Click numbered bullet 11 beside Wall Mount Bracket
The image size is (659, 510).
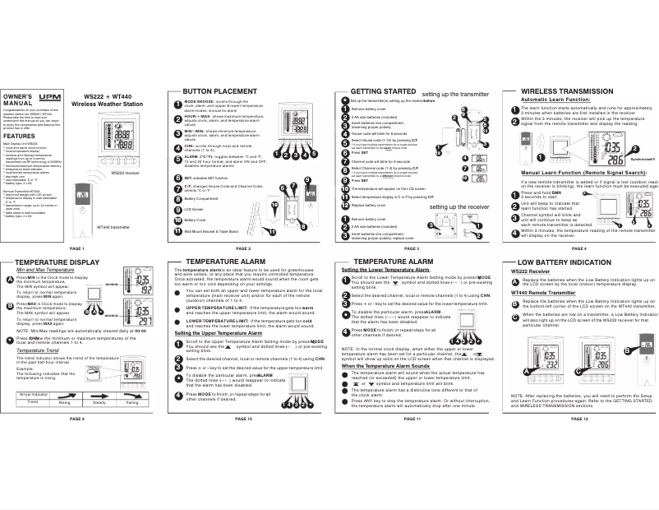[x=177, y=232]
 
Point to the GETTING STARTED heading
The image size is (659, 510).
[x=383, y=90]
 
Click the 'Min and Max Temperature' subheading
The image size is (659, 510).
[x=46, y=270]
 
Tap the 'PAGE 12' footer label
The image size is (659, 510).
[x=578, y=418]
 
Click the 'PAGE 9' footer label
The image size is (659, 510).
[x=78, y=418]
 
